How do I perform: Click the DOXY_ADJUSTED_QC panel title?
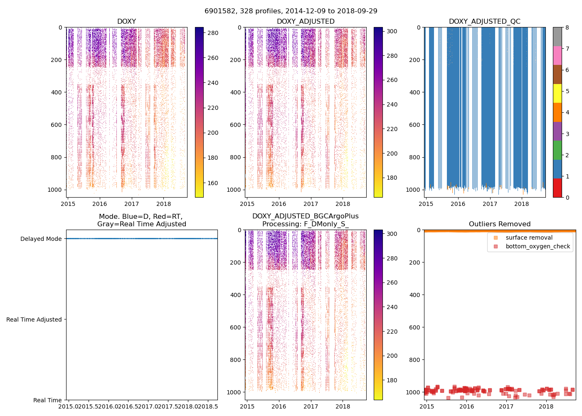(484, 21)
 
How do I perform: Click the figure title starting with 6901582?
(291, 11)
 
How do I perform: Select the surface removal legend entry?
(529, 238)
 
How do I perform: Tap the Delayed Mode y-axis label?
(41, 239)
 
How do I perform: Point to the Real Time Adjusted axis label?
(34, 319)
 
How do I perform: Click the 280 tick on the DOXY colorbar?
(213, 33)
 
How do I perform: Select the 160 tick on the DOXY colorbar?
(213, 183)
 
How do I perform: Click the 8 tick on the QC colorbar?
(567, 27)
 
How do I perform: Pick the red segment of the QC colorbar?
(557, 188)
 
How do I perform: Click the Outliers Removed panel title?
(500, 224)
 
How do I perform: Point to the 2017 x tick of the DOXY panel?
(131, 204)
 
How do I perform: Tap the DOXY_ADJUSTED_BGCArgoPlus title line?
(305, 216)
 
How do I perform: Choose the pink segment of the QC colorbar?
(557, 55)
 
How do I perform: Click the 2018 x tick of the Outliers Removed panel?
(546, 406)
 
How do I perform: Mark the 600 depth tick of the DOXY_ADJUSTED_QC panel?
(414, 125)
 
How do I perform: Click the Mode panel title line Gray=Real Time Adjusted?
(141, 224)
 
